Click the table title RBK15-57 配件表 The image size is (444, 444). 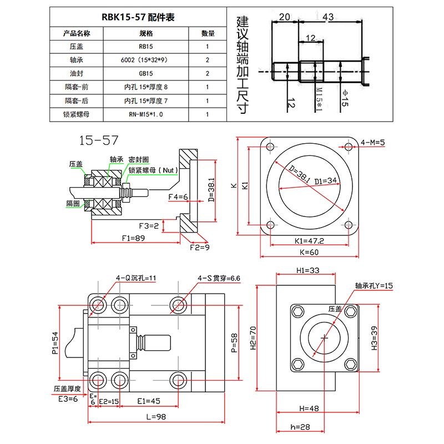(138, 17)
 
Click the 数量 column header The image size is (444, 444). (208, 33)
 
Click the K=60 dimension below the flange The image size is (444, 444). (311, 252)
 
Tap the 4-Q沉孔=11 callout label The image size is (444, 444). (137, 277)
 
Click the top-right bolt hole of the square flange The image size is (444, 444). (349, 147)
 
